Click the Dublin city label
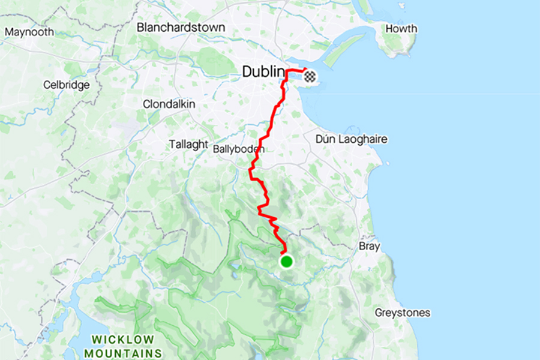coord(263,72)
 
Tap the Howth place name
coord(401,29)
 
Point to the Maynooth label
coord(29,32)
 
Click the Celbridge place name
coord(66,85)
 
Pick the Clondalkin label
coord(169,104)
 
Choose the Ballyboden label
coord(239,148)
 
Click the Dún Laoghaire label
coord(351,139)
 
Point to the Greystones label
coord(402,313)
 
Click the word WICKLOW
coord(122,340)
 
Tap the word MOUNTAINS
coord(123,353)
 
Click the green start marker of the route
coord(287,261)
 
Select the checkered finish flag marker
coord(310,76)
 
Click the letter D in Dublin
coord(247,72)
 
